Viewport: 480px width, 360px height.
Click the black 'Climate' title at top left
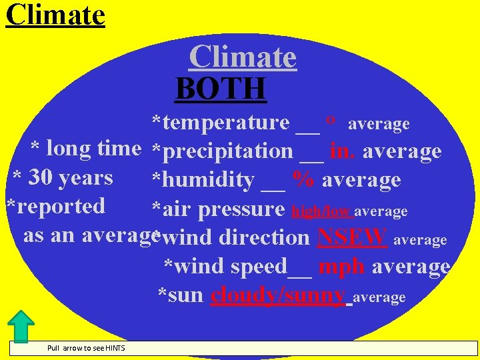[55, 14]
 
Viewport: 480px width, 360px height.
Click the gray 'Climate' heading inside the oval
[243, 57]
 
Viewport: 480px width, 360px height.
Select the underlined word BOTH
[221, 88]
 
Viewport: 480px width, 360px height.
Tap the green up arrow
[23, 326]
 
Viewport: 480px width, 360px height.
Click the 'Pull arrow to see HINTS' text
[86, 348]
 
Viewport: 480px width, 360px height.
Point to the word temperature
[225, 123]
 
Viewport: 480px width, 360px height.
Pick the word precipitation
[227, 151]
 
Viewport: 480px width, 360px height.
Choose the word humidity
[208, 180]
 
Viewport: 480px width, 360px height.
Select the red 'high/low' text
[322, 211]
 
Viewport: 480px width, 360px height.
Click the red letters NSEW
[353, 237]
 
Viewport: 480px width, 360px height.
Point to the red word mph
[341, 266]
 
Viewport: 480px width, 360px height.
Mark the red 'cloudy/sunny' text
[278, 295]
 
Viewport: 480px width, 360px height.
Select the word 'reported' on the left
[61, 206]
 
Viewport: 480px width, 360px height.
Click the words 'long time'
[94, 148]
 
